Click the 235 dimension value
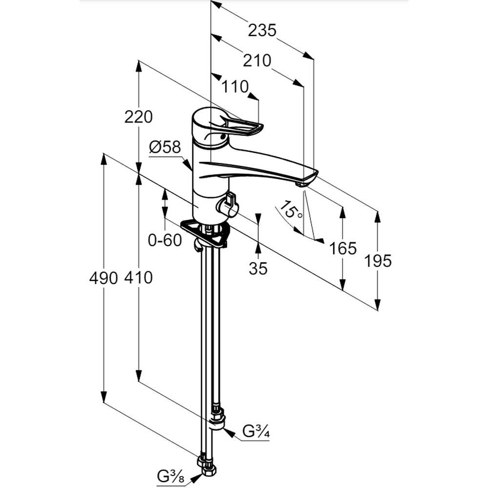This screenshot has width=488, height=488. pos(262,30)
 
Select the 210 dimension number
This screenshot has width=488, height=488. pos(257,61)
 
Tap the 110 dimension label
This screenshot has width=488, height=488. pos(235,87)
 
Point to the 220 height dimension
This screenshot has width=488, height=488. pos(139,117)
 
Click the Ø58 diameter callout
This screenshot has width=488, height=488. pos(165,146)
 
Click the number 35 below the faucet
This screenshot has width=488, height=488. pos(258,268)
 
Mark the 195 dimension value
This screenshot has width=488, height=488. pos(378,261)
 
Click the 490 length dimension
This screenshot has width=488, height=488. pos(103,278)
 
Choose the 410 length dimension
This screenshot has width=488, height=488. pos(139,278)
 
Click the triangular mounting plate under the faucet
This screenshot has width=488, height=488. pos(205,233)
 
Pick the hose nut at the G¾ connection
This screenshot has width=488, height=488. pos(217,419)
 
